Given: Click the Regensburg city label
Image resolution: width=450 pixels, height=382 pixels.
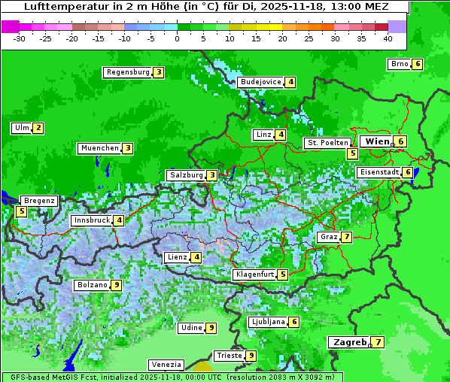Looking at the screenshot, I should (127, 72).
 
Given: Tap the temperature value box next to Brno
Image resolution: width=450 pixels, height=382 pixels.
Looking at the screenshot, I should (418, 64).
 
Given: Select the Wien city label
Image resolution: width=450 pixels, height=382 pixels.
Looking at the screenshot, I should (376, 141).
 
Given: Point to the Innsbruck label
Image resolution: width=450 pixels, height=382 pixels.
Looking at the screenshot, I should (91, 220).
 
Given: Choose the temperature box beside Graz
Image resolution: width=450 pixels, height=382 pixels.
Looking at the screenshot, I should (346, 237).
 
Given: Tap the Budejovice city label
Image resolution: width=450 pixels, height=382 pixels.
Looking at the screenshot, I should (261, 82).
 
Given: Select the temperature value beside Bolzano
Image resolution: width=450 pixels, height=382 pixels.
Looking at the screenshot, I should (117, 285).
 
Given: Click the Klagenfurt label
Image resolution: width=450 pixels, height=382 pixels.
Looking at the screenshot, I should (254, 274).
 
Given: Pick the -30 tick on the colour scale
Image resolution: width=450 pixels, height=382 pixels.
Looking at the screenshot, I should (20, 38).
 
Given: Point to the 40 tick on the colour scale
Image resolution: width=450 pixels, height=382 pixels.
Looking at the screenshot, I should (388, 38).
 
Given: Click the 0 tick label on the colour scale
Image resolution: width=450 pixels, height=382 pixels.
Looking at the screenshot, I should (177, 38).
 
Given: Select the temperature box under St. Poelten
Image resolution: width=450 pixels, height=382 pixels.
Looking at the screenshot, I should (352, 153).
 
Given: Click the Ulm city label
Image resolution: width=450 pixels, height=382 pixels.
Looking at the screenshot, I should (21, 128).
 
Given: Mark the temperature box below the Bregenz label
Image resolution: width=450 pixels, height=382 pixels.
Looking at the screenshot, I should (21, 211).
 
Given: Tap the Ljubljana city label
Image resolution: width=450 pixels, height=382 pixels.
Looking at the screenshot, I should (268, 322).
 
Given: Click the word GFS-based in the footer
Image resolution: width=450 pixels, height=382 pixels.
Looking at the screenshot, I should (25, 377).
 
